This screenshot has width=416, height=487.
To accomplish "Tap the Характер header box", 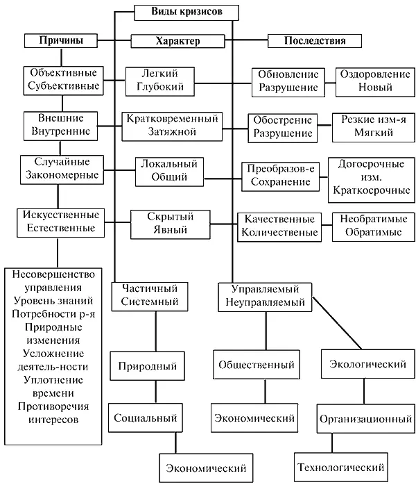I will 177,41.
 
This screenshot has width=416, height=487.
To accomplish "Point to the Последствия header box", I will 315,41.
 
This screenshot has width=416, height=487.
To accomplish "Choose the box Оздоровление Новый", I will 374,81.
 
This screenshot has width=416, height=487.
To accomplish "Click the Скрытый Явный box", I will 169,223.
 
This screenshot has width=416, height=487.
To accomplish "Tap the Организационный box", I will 361,419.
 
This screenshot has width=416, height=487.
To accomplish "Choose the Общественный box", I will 256,364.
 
